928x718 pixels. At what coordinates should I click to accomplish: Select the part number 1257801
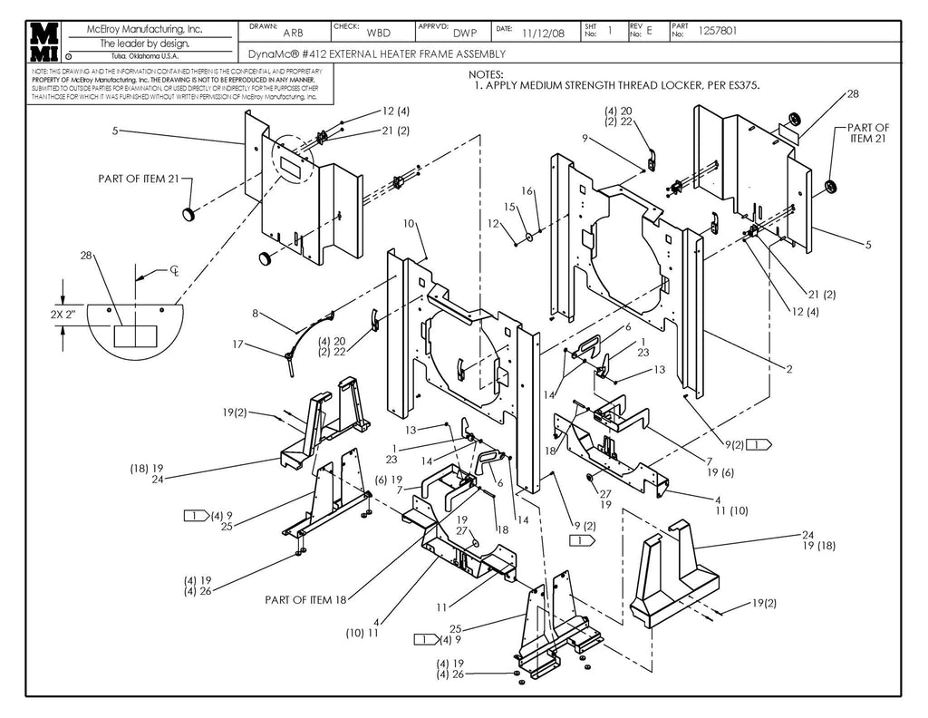(x=718, y=31)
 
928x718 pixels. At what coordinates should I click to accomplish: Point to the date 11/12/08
(x=543, y=33)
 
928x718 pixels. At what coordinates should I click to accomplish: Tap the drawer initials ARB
(x=293, y=33)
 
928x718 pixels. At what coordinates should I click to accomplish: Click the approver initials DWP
(x=465, y=33)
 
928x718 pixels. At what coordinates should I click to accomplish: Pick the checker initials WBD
(x=378, y=33)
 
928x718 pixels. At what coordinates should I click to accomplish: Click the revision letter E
(x=649, y=31)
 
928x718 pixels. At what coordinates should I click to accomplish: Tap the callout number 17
(x=238, y=344)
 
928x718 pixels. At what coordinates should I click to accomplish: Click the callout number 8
(x=256, y=313)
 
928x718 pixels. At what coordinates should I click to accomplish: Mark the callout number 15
(x=510, y=207)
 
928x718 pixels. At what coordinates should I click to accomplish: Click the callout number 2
(x=789, y=369)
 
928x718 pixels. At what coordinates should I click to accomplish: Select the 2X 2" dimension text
(x=64, y=315)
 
